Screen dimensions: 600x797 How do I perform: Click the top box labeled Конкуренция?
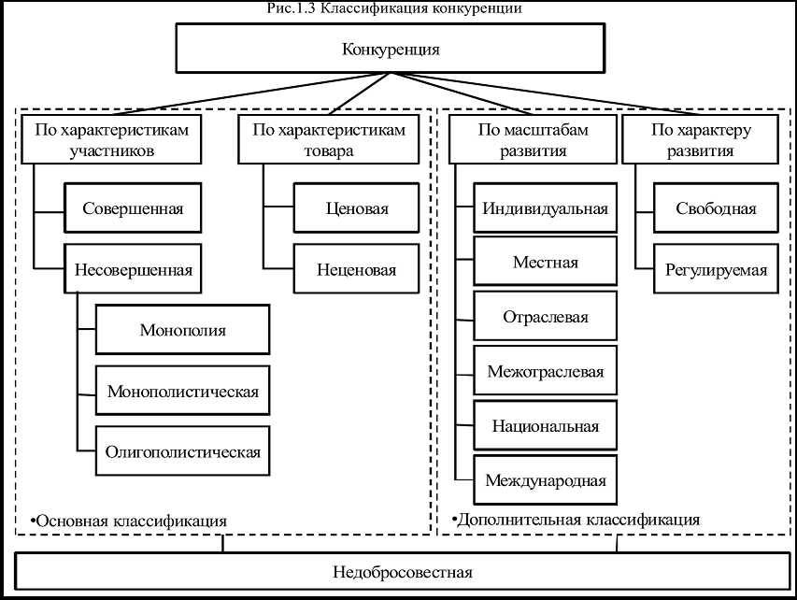[x=391, y=48]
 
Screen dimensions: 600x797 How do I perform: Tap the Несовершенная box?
[x=133, y=270]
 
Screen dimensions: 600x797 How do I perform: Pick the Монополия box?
[x=183, y=329]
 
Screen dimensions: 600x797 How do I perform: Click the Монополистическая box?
[x=183, y=390]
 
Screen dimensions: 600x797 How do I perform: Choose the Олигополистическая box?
[x=183, y=451]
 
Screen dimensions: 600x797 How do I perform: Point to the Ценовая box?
[x=357, y=208]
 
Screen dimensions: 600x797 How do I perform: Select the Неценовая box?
[x=357, y=270]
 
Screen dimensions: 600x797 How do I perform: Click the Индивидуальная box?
[x=546, y=208]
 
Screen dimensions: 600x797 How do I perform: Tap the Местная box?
[x=546, y=263]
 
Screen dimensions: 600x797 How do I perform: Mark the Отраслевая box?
[x=546, y=317]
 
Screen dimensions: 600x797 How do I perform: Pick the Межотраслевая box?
[x=546, y=371]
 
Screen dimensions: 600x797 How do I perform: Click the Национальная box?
[x=546, y=426]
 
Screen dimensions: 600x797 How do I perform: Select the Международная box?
[x=546, y=480]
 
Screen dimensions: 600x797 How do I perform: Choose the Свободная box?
[x=716, y=208]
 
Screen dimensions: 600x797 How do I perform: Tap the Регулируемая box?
[x=716, y=270]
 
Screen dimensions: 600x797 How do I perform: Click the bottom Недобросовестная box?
[x=403, y=572]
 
